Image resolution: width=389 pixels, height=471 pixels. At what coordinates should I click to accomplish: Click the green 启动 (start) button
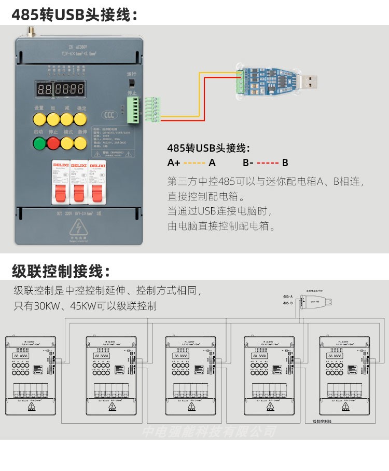tap(39, 143)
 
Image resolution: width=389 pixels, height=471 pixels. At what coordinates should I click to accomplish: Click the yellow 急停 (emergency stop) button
tap(80, 143)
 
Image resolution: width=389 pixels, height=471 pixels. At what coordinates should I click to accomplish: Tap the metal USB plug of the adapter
tap(310, 82)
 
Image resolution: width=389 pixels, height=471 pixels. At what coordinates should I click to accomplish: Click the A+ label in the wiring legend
tap(174, 163)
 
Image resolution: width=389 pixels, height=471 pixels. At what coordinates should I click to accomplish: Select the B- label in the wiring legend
tap(248, 163)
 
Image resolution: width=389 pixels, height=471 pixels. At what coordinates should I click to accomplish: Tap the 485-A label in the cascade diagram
tap(288, 295)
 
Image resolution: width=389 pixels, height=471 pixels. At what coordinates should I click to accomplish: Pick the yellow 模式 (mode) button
tap(67, 143)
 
